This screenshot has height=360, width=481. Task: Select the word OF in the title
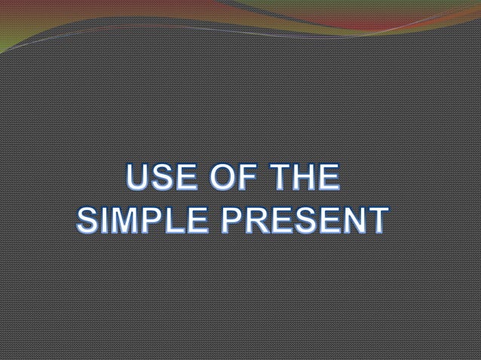pos(227,179)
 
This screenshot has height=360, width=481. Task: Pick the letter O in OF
pos(217,179)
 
